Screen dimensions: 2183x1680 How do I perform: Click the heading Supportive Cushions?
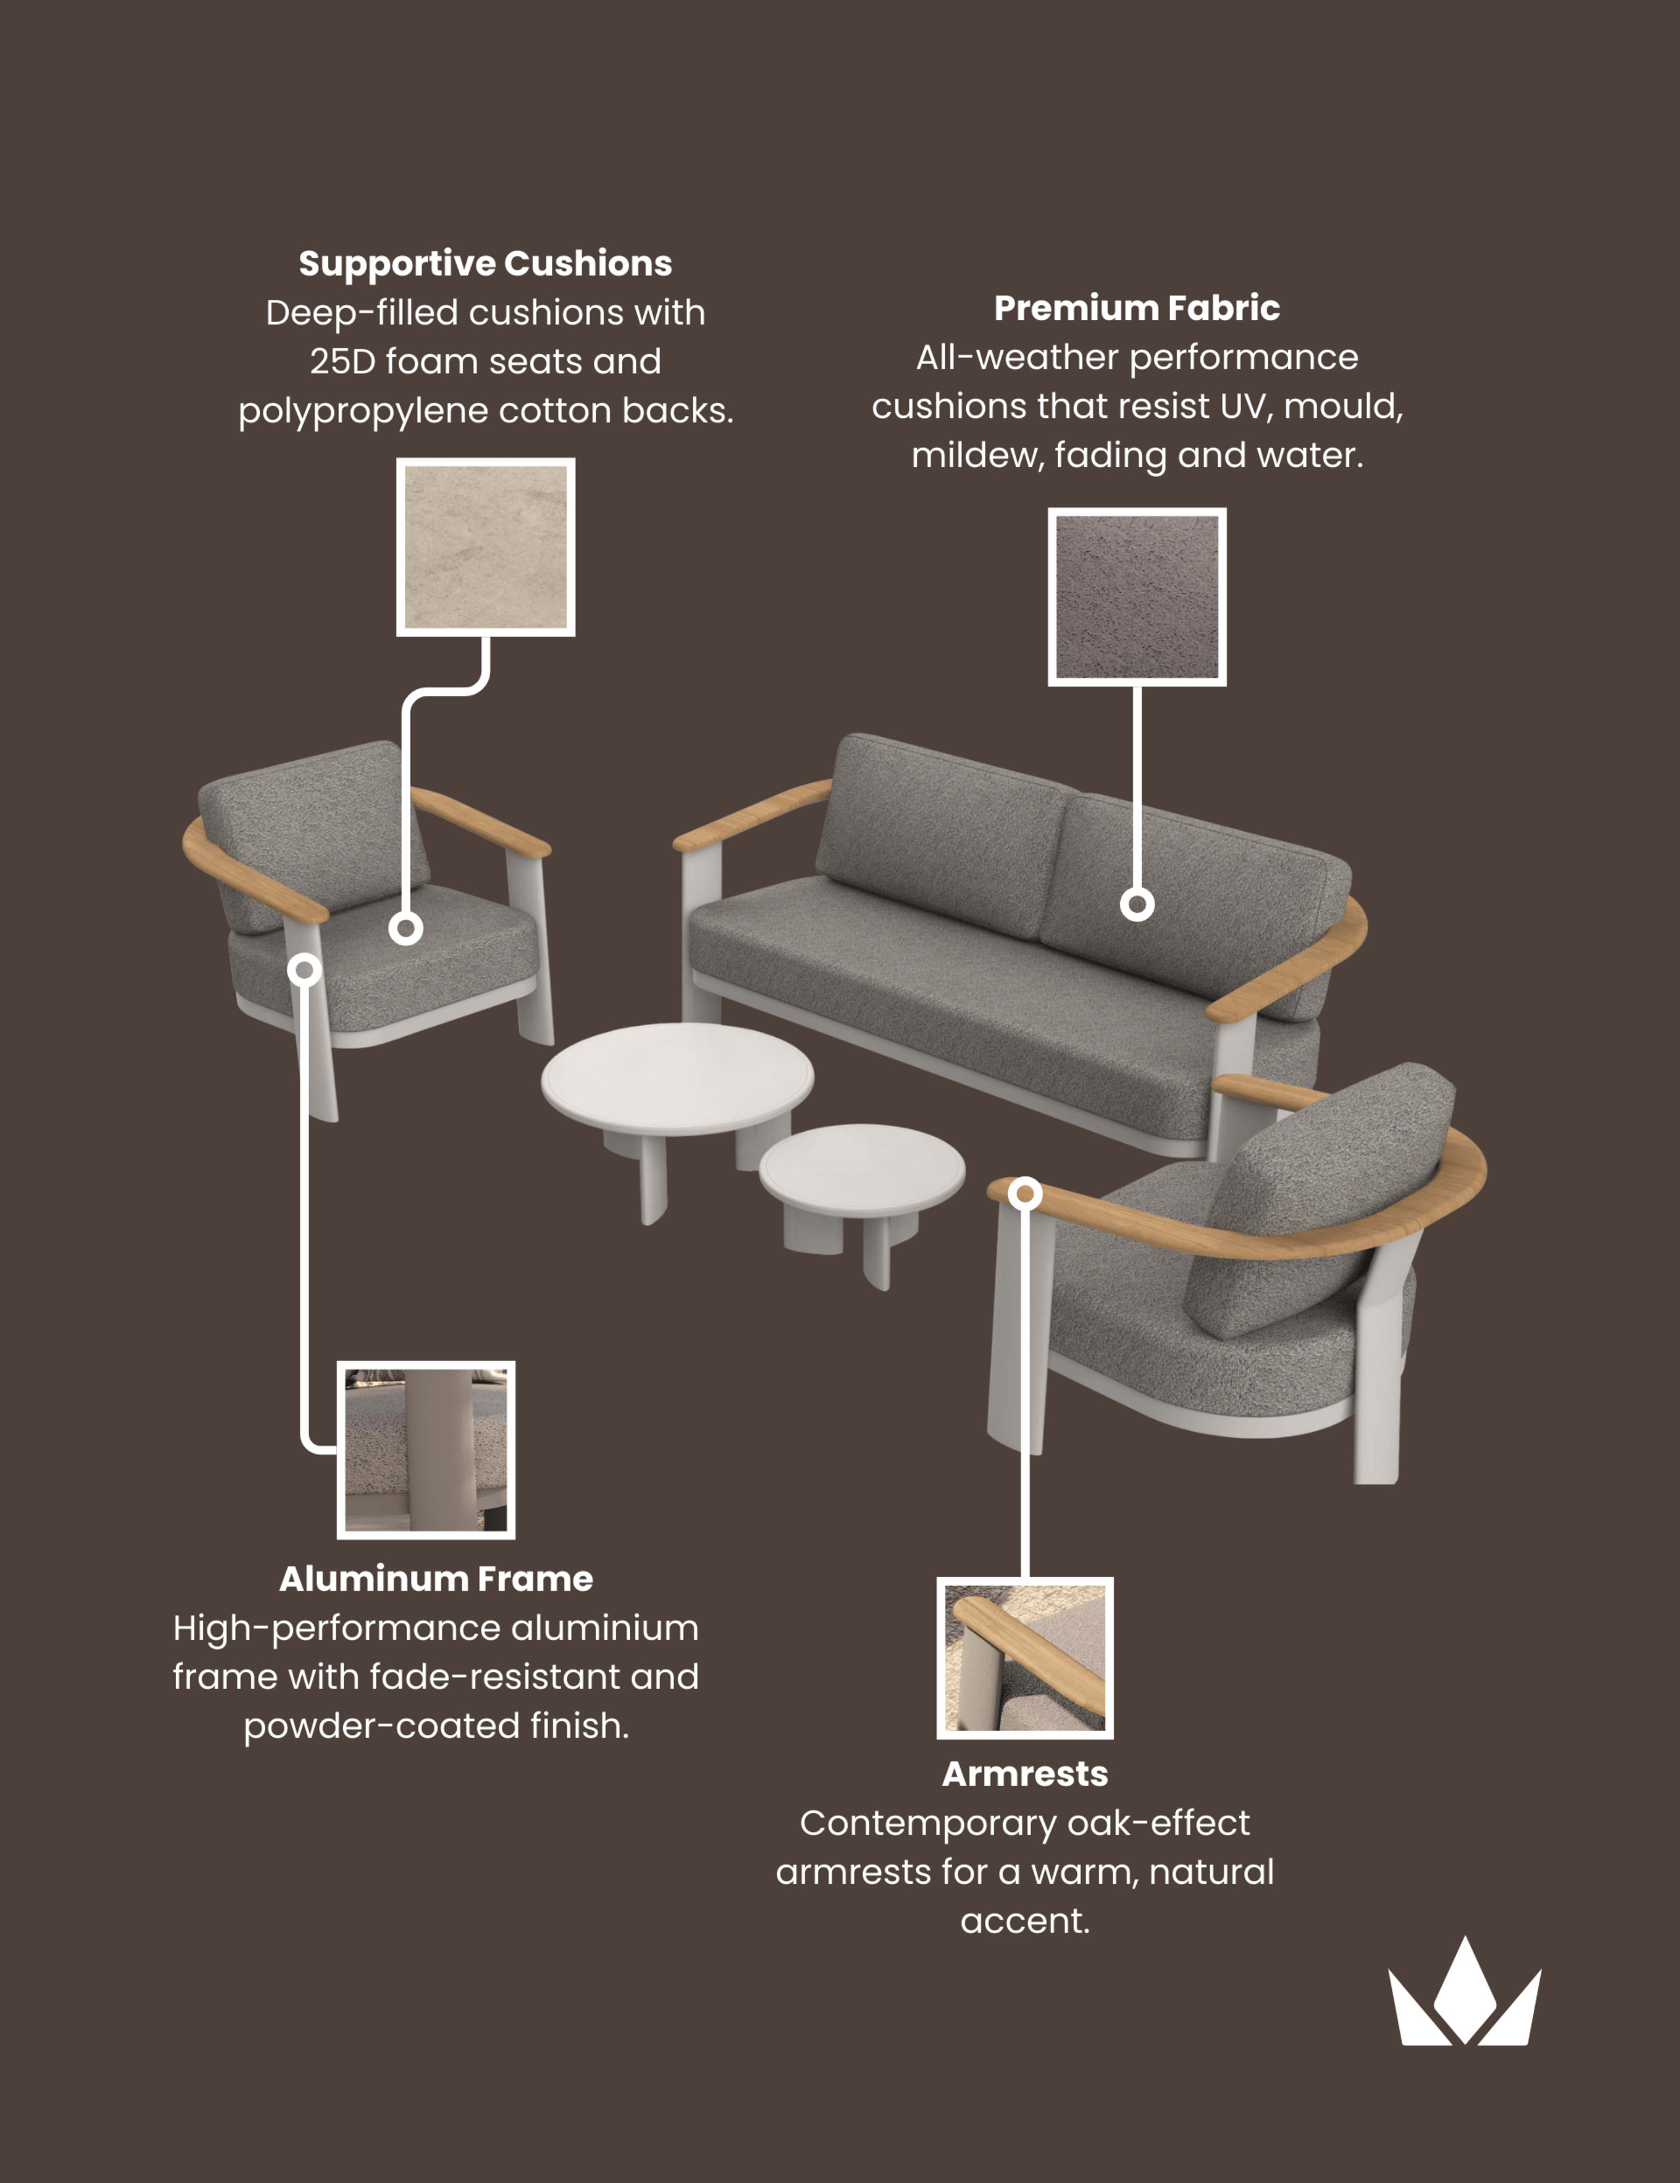(485, 263)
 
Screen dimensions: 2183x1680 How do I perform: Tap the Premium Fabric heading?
(1137, 308)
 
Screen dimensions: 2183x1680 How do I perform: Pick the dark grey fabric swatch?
(1137, 597)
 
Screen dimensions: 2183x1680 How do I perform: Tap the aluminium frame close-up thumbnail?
(426, 1450)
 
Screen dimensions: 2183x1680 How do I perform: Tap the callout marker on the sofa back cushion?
(1137, 905)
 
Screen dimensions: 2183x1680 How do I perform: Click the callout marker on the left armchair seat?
(405, 929)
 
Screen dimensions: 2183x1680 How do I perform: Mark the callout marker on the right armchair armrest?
(1025, 1193)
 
